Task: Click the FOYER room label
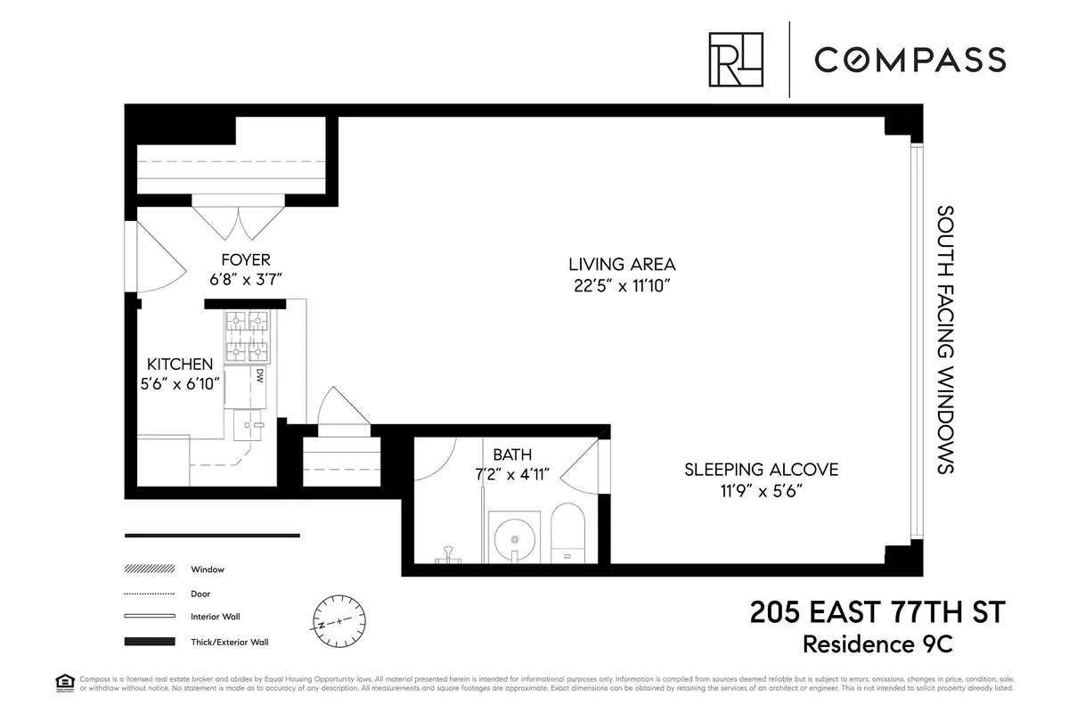245,260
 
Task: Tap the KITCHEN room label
180,364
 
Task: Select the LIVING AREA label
622,264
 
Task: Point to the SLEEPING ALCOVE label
761,470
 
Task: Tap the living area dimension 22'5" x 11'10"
622,286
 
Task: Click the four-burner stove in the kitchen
247,336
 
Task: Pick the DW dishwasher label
261,376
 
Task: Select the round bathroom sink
515,537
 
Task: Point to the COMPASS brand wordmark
910,60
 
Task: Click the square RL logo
736,60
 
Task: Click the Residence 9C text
902,643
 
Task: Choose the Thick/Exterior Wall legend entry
229,642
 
